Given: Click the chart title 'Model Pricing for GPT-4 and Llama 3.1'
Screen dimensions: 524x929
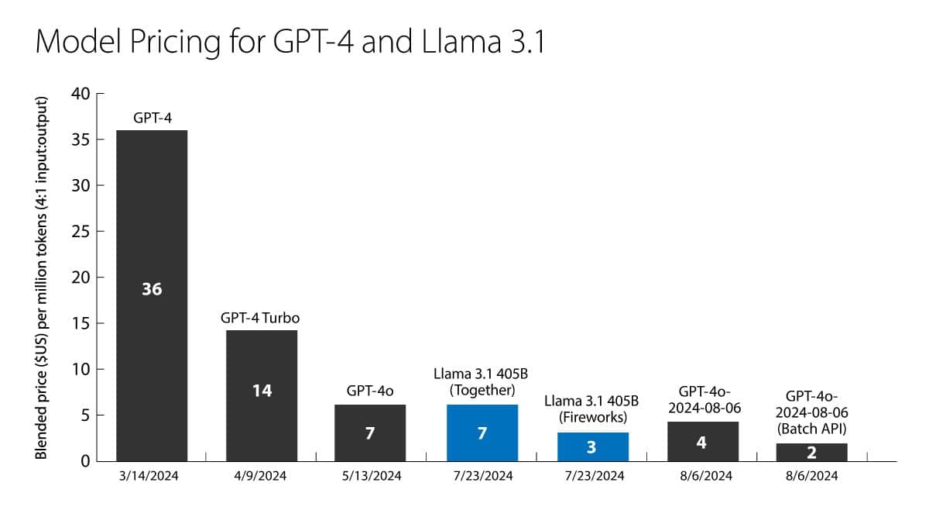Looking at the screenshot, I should click(x=290, y=42).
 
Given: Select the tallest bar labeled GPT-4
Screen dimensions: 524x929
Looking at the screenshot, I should click(x=152, y=217).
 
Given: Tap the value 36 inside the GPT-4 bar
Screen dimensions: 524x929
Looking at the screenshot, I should click(x=152, y=289).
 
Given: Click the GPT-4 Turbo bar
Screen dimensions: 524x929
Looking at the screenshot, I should click(x=262, y=357).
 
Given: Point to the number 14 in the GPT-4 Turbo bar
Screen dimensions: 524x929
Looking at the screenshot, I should click(x=262, y=391).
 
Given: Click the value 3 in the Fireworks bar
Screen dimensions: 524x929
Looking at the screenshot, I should click(x=592, y=447).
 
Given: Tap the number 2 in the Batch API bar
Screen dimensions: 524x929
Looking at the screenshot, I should click(x=811, y=453).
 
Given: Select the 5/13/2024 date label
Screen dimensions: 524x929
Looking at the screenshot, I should click(x=372, y=476).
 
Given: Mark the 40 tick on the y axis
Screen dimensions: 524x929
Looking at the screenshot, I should click(x=81, y=95).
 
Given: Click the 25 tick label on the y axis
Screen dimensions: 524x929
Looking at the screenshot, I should click(x=81, y=232).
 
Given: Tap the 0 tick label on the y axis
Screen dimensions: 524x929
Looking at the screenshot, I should click(x=86, y=461).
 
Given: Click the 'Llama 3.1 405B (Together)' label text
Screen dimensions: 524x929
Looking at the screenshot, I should click(x=482, y=381).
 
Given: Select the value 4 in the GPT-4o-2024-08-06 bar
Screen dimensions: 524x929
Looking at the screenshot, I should click(x=701, y=443).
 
